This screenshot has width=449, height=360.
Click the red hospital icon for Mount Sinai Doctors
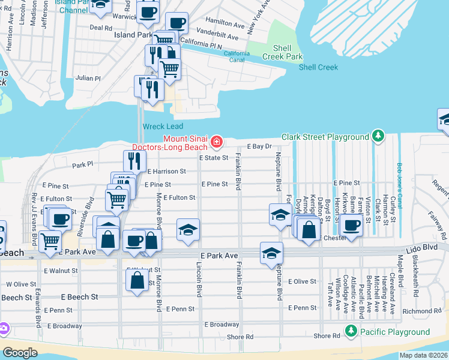tap(216, 142)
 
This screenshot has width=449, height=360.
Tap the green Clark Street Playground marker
tap(378, 137)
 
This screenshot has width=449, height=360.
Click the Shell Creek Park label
tap(282, 52)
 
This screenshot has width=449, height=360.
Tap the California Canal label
tap(237, 56)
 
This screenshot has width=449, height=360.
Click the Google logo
tap(20, 353)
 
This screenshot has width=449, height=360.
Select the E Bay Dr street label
tap(260, 146)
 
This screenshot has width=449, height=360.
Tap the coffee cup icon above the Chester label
tap(351, 226)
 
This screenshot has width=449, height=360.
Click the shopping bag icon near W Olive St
tap(137, 280)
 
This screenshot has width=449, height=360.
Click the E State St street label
tap(214, 158)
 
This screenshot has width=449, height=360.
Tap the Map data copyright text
tap(424, 355)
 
